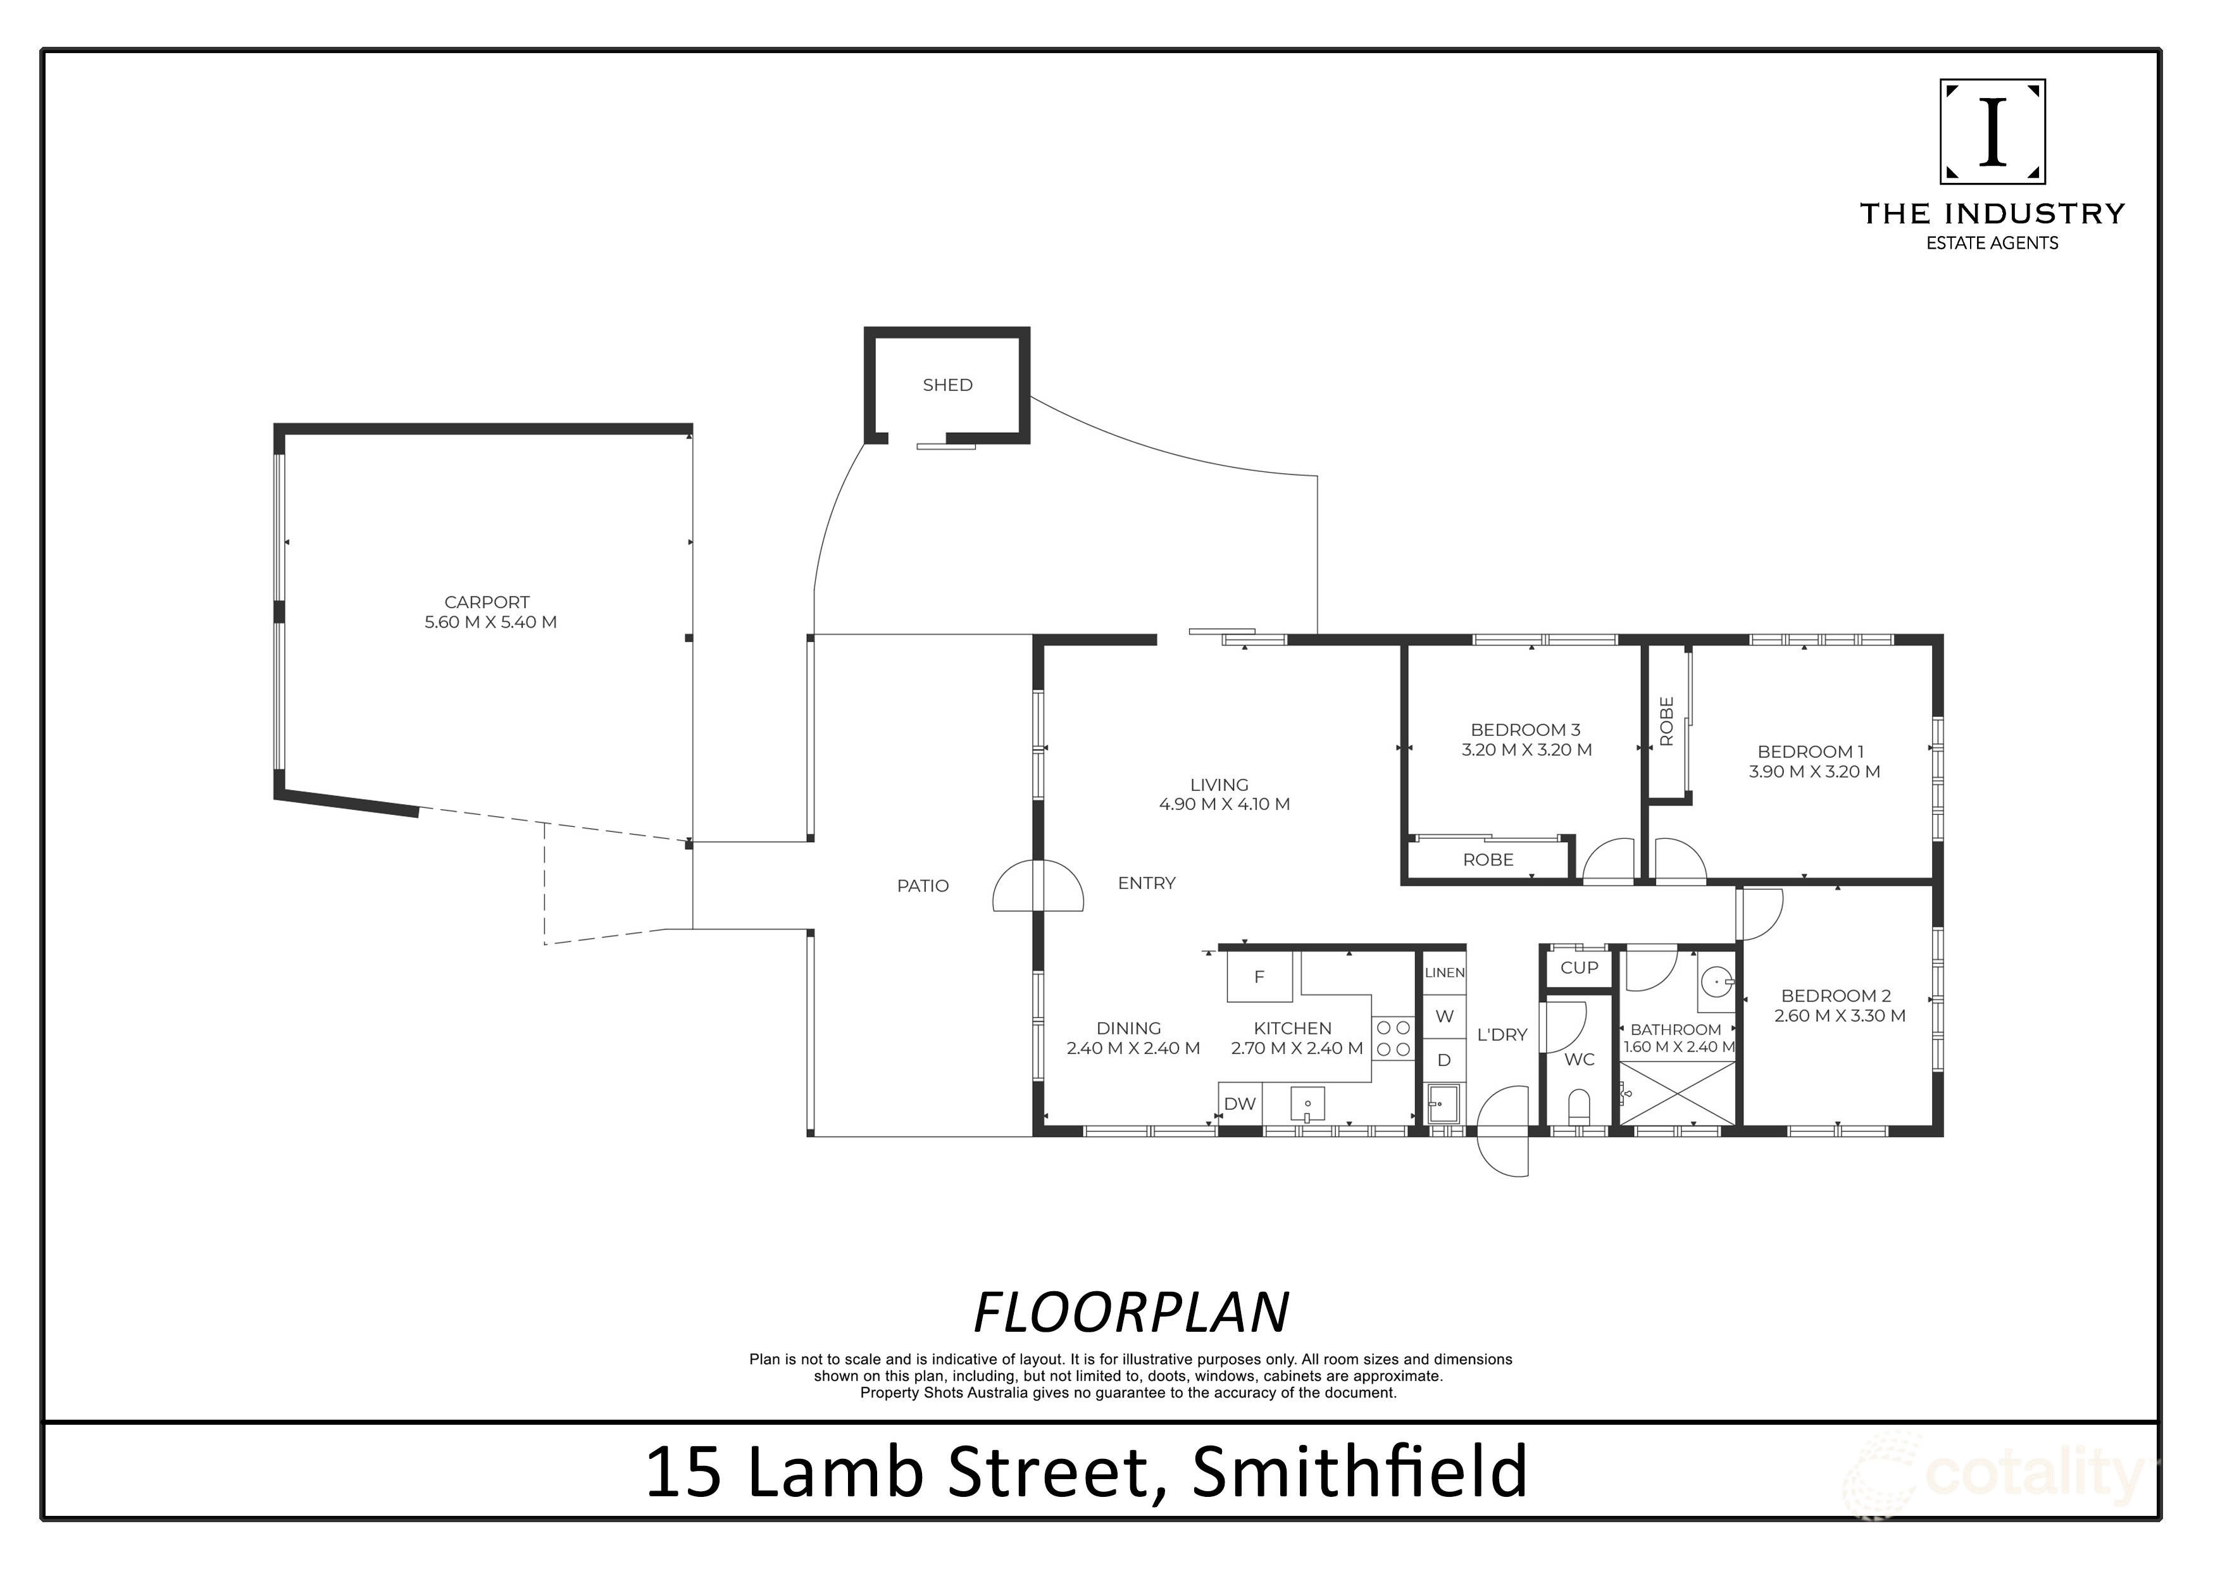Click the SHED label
[x=947, y=385]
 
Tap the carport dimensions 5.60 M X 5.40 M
[x=490, y=623]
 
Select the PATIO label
[x=923, y=886]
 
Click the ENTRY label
[x=1146, y=883]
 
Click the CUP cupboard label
[x=1579, y=967]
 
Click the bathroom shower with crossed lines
[x=1678, y=1093]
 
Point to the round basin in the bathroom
[x=1716, y=982]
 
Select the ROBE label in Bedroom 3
[x=1487, y=859]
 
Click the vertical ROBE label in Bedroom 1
[x=1666, y=721]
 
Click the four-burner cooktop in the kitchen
[x=1394, y=1038]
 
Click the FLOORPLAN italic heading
[x=1130, y=1313]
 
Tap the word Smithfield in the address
[x=1359, y=1472]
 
